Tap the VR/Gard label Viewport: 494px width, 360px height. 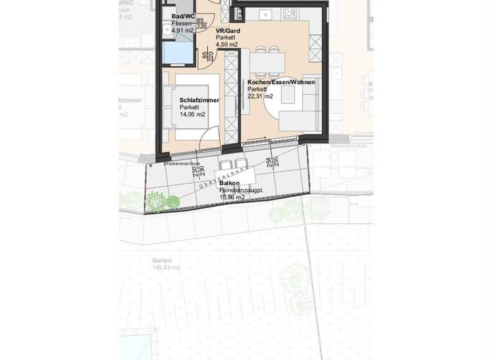[x=229, y=31]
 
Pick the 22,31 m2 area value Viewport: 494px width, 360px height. [x=261, y=96]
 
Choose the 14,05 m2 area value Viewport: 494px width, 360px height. [x=193, y=114]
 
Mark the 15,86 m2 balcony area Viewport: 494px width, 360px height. [x=232, y=197]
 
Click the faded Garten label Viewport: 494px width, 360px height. [x=161, y=260]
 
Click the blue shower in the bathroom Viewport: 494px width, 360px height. [x=178, y=53]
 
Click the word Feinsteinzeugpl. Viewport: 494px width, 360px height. [x=241, y=191]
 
